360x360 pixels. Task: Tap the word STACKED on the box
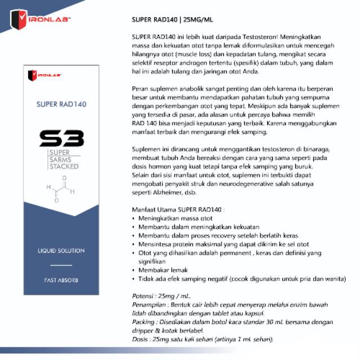coord(64,166)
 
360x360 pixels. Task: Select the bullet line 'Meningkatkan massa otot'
coord(175,218)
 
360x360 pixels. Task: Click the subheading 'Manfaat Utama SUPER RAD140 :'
coord(178,209)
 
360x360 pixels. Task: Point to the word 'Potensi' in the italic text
coord(141,296)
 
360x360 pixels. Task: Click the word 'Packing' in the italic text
coord(142,322)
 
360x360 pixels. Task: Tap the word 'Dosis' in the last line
coord(139,340)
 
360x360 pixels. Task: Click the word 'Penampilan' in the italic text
coord(147,304)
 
